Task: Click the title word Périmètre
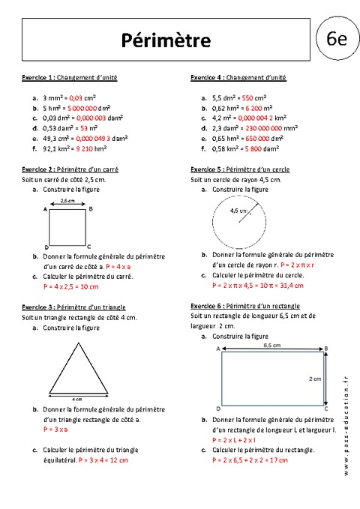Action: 166,39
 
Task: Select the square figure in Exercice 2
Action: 67,226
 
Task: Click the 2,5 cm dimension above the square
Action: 67,201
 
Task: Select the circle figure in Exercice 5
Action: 236,223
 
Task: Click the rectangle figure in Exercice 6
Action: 273,379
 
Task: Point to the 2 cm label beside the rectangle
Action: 315,379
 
